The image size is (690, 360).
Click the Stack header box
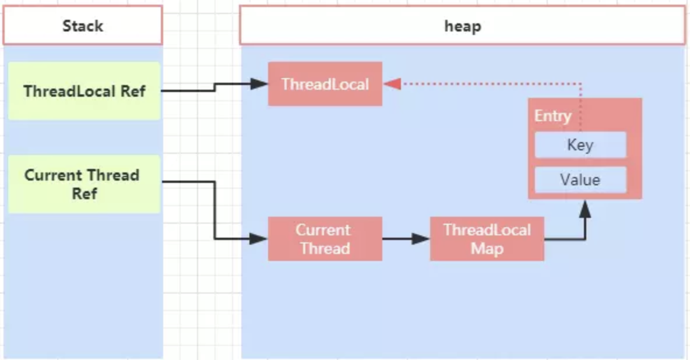coord(82,26)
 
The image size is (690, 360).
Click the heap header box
coord(462,26)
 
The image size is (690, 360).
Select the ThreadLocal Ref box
coord(84,91)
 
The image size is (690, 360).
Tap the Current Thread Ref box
coord(84,183)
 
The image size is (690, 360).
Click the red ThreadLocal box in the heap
coord(325,84)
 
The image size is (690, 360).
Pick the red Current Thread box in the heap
coord(325,239)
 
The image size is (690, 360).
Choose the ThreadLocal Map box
coord(487,239)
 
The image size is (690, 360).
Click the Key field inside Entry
coord(580,144)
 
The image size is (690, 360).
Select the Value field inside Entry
coord(580,179)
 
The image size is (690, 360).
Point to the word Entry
coord(552,115)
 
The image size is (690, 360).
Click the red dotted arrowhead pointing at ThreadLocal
coord(392,84)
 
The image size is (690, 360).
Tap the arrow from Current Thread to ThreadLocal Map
coord(406,239)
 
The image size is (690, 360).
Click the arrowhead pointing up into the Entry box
coord(585,209)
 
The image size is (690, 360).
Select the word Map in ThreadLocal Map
coord(487,249)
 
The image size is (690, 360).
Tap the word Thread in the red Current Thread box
coord(325,249)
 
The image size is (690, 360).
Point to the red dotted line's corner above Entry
coord(581,84)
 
